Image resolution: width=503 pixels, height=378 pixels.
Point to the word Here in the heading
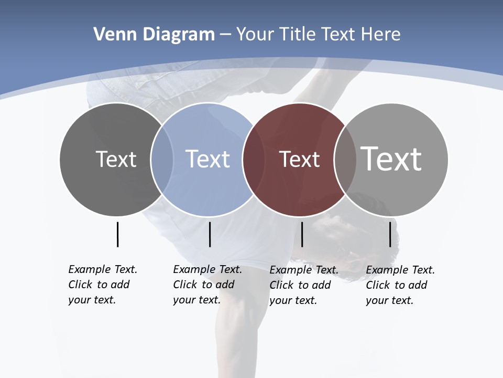[x=380, y=35]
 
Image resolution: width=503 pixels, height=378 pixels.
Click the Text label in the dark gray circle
[x=116, y=159]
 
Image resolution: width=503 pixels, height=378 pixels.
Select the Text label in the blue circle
[x=208, y=159]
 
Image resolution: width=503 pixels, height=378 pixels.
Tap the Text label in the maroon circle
[x=299, y=160]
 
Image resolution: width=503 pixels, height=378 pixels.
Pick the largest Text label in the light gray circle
[x=391, y=159]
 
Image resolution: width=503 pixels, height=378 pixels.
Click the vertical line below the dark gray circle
[x=117, y=234]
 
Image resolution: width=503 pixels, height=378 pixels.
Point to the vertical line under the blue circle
[x=210, y=234]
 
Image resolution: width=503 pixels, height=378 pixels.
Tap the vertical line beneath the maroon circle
[x=302, y=234]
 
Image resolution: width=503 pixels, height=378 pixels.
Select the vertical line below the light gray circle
[x=390, y=234]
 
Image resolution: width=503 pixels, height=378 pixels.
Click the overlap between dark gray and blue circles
[x=162, y=159]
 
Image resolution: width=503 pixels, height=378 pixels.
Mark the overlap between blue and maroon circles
[x=254, y=159]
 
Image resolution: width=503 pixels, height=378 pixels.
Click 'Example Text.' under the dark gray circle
[x=103, y=269]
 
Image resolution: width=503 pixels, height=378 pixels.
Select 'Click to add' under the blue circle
[x=203, y=285]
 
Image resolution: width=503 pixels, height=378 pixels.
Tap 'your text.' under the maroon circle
[x=293, y=300]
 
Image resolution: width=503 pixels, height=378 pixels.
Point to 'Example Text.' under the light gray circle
[x=400, y=270]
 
